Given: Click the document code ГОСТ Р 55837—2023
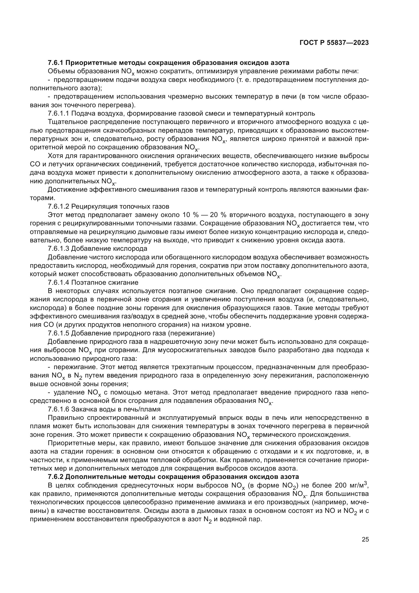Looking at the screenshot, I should (334, 43).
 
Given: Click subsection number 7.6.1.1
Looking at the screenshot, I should (59, 113).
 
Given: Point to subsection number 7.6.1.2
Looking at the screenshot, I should (59, 206).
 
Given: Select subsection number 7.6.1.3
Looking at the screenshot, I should (59, 248).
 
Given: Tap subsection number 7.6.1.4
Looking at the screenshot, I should (59, 282).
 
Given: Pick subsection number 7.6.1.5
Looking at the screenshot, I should (59, 333).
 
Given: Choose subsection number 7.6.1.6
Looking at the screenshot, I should (59, 409).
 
